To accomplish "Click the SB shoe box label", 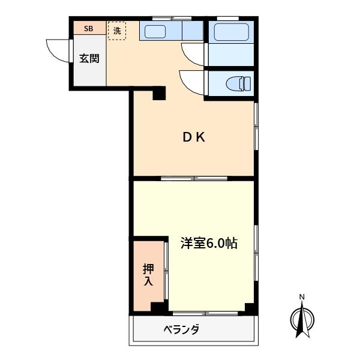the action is tap(88, 29).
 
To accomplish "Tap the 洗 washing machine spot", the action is tap(117, 31).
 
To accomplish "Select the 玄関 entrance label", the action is tap(89, 59).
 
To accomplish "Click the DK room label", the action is tap(194, 137).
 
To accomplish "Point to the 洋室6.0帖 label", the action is tap(209, 243).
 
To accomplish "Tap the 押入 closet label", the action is tap(148, 275).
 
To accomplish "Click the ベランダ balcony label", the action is tap(181, 329).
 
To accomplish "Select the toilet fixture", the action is tap(238, 83).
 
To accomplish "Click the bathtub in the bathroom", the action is tap(232, 32).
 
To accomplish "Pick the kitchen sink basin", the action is tap(155, 32).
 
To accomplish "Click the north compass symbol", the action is tap(302, 320).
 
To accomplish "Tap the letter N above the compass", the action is tap(302, 297).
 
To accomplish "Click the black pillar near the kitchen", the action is tap(159, 93).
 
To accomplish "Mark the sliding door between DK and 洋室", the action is tap(194, 178).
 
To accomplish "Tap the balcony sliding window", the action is tap(205, 313).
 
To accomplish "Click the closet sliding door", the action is tap(166, 271).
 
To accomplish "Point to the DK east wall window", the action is tap(256, 126).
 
